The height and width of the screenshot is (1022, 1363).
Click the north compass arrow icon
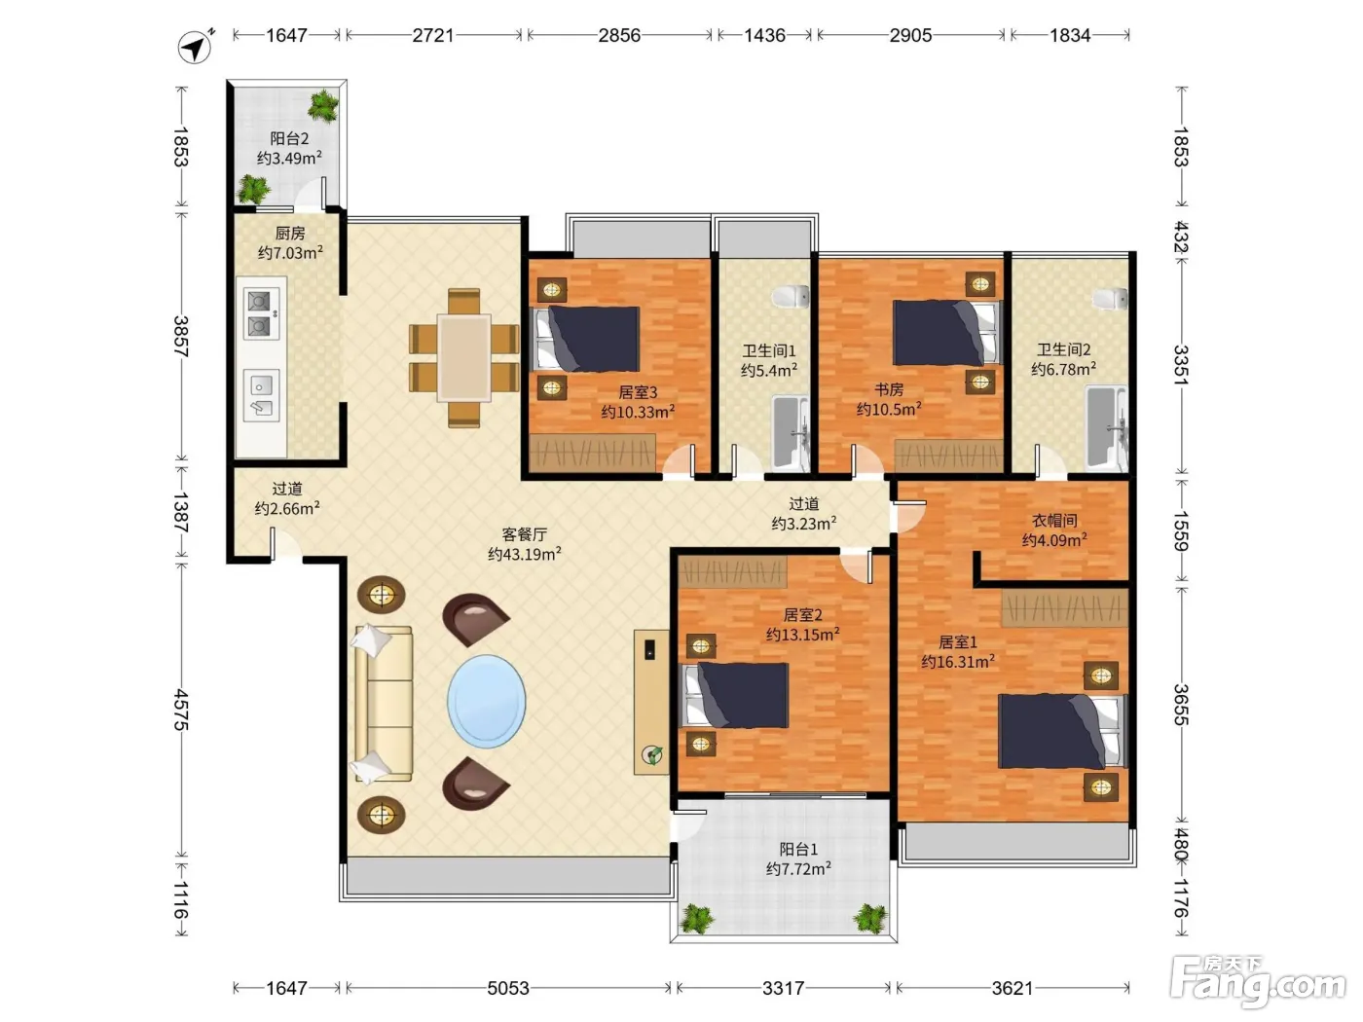point(196,47)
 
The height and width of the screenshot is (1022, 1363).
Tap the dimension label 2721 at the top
point(433,35)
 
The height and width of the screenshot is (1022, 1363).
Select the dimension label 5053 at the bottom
point(508,988)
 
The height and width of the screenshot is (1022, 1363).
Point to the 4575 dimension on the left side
point(180,710)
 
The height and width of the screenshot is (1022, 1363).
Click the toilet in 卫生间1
point(791,296)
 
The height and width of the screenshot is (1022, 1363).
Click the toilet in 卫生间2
point(1110,299)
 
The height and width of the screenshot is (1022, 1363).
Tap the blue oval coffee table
point(487,701)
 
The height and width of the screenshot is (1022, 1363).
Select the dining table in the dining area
point(463,357)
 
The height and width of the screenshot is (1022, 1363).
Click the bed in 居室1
point(1062,731)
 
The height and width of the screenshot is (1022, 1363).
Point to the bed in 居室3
point(587,339)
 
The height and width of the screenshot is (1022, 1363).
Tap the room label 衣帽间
point(1054,520)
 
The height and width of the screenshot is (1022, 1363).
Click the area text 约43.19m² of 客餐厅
point(525,554)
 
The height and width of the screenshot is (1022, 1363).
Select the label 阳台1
point(798,849)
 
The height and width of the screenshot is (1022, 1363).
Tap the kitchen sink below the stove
point(262,395)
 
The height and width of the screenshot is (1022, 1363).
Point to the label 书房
point(889,389)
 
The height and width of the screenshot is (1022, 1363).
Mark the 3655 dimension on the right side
point(1180,705)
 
